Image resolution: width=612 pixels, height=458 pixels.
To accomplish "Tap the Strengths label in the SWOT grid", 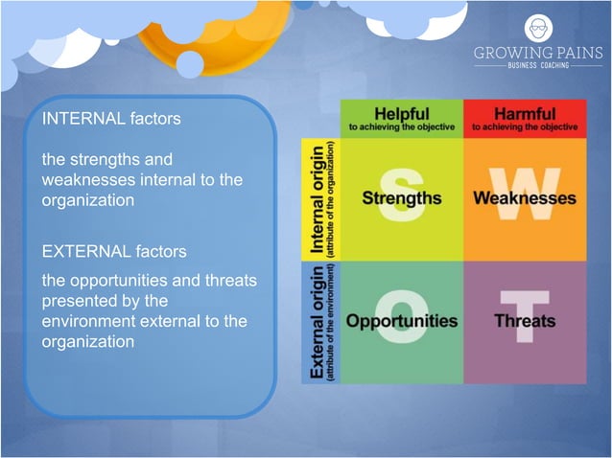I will (x=402, y=198).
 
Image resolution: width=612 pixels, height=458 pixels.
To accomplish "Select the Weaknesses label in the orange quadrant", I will (x=525, y=198).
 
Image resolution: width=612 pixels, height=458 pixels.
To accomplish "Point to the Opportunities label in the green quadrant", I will (x=402, y=320).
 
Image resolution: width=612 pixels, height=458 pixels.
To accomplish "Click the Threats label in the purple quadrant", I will (x=525, y=320).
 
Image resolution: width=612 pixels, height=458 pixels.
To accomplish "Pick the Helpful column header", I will (x=402, y=114).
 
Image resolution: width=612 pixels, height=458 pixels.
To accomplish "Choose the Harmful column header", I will (x=525, y=114).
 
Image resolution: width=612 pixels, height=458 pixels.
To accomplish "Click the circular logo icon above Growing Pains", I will (x=538, y=28).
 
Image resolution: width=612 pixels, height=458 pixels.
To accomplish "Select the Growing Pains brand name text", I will (x=538, y=53).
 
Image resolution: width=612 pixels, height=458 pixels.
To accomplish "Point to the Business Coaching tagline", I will (x=538, y=66).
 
